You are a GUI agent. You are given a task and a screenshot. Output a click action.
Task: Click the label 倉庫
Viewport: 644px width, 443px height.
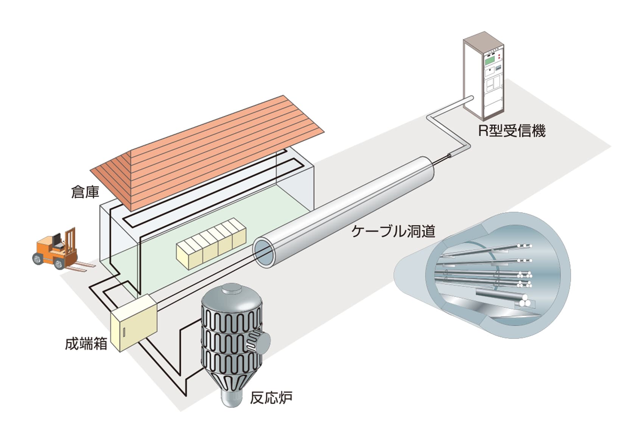[x=85, y=192]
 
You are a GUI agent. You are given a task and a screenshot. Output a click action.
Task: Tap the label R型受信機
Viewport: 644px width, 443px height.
[x=512, y=131]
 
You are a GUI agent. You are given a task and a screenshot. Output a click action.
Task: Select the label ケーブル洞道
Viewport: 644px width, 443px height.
[x=393, y=231]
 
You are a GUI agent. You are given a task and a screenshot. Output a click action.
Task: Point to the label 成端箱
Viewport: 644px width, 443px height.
[x=86, y=343]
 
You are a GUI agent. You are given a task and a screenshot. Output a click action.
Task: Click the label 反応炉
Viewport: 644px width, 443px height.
[x=271, y=398]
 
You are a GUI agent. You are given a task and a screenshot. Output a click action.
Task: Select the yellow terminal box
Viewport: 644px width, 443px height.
[x=134, y=322]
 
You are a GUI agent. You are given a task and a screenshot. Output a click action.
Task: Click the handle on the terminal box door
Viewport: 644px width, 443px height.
[x=124, y=332]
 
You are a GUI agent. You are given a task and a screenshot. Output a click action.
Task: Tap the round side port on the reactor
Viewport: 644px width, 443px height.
[x=261, y=343]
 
